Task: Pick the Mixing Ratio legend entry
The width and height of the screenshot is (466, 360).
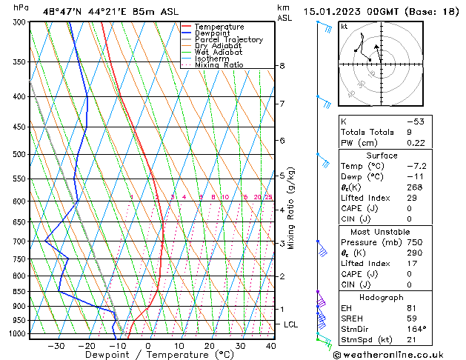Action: tap(219, 65)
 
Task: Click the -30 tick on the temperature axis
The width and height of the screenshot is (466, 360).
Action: tap(56, 346)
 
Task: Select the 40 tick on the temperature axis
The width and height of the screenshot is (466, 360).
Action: tap(270, 346)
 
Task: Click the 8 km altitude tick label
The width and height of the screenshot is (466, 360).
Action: tap(282, 66)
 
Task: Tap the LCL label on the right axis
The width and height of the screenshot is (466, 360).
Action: tap(291, 324)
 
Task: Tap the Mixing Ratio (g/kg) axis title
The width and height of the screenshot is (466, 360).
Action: tap(291, 208)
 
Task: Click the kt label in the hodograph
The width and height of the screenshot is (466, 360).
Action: tap(344, 27)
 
